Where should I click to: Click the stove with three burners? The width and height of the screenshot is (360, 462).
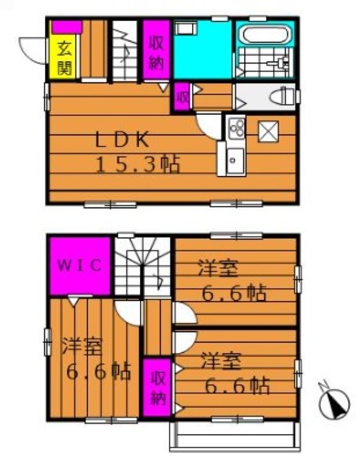[236, 128]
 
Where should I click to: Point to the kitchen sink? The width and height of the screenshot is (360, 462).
[236, 160]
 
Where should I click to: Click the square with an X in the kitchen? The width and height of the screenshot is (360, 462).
[268, 131]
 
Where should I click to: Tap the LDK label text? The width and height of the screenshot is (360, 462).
[122, 140]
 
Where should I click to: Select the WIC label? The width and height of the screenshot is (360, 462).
[80, 266]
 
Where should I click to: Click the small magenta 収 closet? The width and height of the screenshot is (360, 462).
[182, 97]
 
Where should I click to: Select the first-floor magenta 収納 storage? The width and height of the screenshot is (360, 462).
[157, 49]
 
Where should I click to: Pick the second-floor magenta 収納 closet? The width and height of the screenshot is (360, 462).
[157, 387]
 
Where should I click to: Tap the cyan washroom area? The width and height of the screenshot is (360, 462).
[203, 49]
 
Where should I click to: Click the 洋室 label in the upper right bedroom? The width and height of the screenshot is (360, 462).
[218, 268]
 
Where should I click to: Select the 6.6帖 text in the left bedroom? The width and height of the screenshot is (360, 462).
[99, 372]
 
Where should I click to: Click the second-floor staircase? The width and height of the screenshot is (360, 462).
[143, 266]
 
